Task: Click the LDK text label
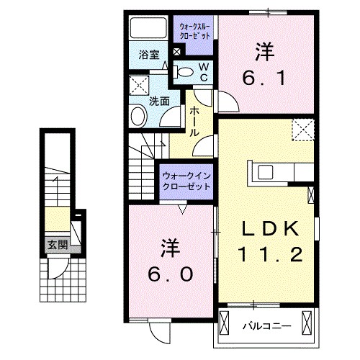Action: [268, 228]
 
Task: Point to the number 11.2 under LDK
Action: [268, 253]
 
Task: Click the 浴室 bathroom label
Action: [148, 54]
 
